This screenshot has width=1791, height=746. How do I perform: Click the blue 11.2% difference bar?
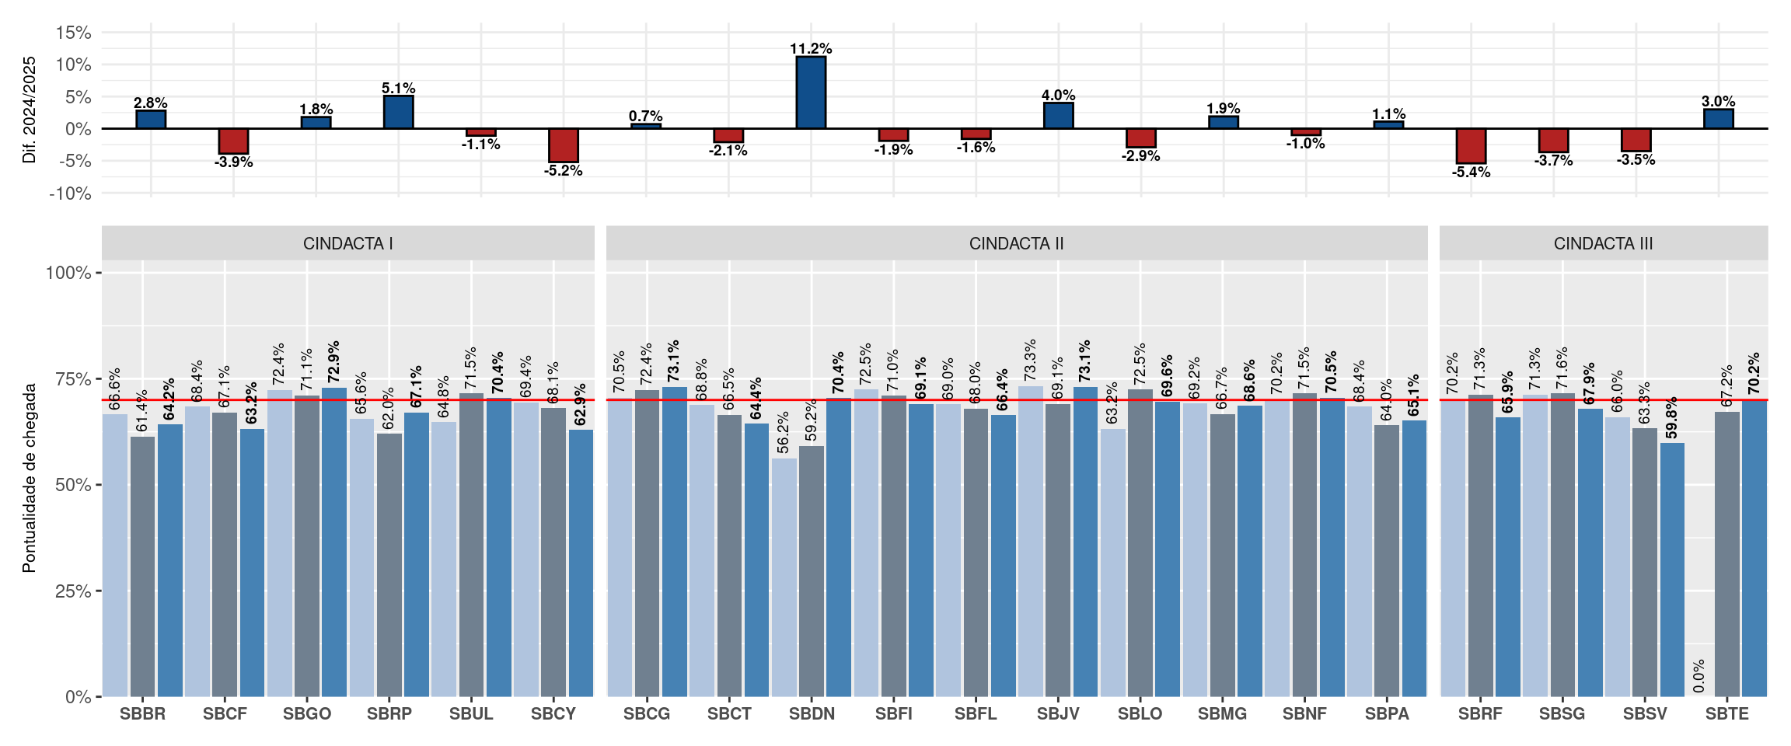tap(811, 92)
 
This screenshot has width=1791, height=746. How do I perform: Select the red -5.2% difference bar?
tap(564, 145)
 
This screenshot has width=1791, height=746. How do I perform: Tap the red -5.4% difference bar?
tap(1471, 146)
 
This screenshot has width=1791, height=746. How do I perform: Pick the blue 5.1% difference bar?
tap(399, 112)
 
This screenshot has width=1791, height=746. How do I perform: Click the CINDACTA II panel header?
tap(1017, 243)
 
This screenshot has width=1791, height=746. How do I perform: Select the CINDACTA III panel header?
tap(1604, 243)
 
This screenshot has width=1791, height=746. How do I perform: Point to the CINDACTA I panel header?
tap(348, 243)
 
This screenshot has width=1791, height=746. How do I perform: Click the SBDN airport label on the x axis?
tap(812, 714)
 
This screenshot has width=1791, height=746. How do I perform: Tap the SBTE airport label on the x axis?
tap(1727, 714)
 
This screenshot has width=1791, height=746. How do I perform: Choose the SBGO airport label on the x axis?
tap(307, 714)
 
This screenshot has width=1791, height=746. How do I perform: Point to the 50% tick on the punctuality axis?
tap(73, 485)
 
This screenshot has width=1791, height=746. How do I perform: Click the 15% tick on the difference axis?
tap(73, 33)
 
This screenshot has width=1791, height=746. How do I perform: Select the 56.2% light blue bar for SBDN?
tap(784, 577)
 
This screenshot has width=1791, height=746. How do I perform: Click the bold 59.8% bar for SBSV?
tap(1672, 570)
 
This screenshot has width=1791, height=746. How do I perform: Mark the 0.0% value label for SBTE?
tap(1699, 676)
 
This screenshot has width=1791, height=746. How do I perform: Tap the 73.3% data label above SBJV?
tap(1030, 360)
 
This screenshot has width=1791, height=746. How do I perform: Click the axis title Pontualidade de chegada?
tap(30, 478)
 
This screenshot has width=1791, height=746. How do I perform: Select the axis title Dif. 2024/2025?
tap(30, 110)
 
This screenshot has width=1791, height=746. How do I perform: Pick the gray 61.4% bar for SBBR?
tap(142, 566)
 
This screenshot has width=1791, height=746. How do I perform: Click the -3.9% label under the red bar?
tap(233, 162)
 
